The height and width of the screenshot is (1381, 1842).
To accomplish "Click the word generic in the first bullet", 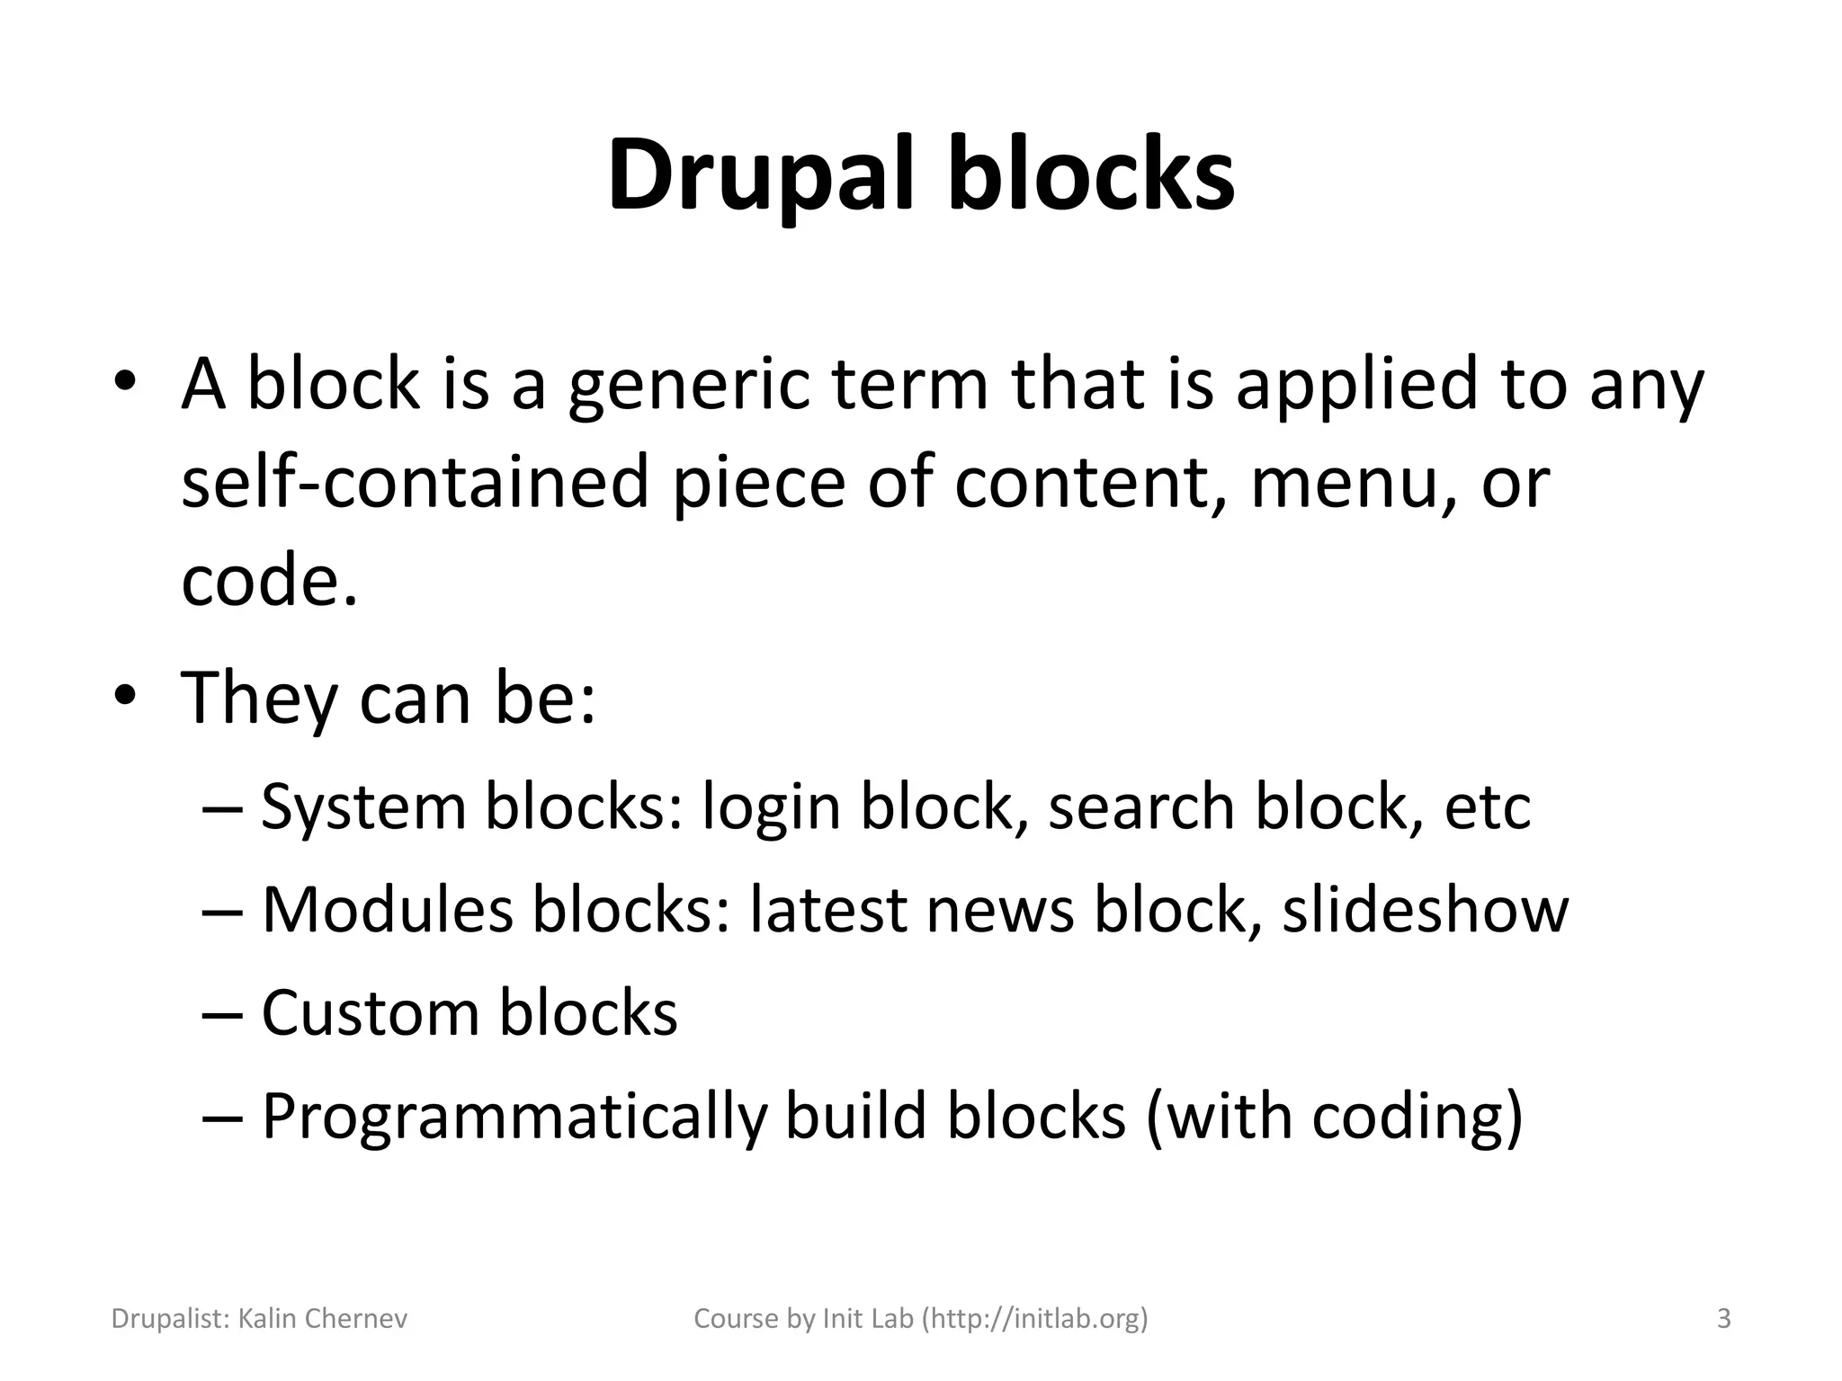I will pos(689,384).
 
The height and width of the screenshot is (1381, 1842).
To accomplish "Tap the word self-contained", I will pos(415,482).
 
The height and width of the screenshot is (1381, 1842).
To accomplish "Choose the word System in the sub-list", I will pos(363,806).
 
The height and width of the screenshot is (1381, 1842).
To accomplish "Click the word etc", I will pos(1488,806).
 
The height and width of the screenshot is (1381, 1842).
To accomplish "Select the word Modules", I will pos(387,910).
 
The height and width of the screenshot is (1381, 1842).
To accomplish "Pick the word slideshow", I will pos(1425,910).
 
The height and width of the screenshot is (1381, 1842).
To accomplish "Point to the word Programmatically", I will pos(514,1118).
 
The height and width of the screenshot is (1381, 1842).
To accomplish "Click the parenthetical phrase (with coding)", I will pos(1335,1118).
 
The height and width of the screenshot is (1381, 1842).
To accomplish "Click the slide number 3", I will pos(1723,1319).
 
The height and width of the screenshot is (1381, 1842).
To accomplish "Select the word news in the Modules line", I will pos(999,910).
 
